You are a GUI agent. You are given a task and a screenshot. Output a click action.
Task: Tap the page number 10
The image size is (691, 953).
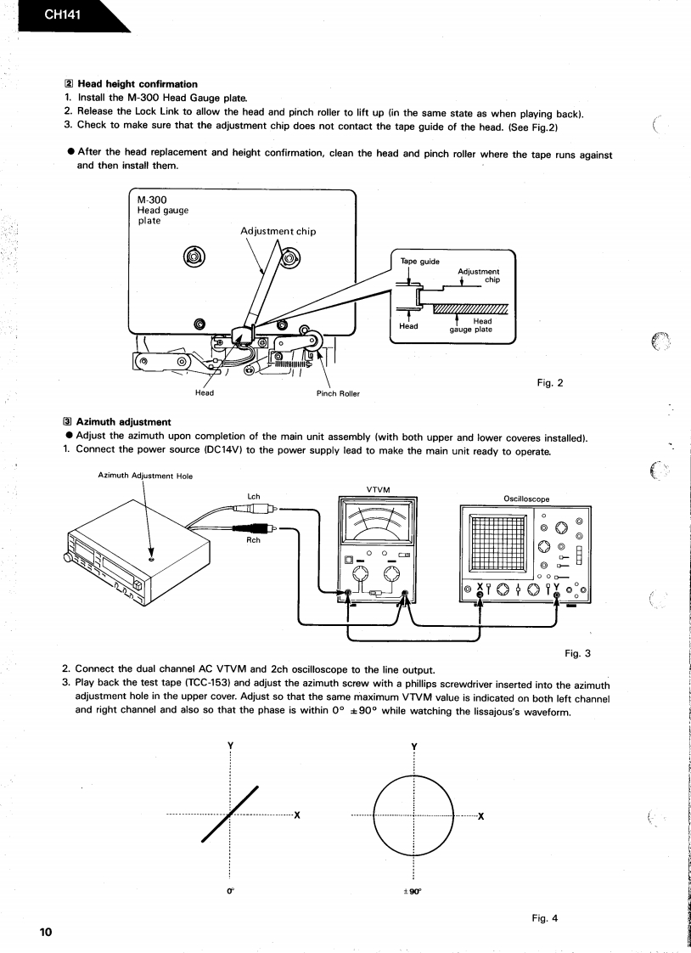pyautogui.click(x=45, y=932)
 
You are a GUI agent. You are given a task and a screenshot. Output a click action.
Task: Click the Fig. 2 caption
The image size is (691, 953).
pyautogui.click(x=550, y=383)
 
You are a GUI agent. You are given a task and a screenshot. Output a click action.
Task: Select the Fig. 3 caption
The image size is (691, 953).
pyautogui.click(x=576, y=653)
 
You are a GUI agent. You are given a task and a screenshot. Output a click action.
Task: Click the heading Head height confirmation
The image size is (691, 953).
pyautogui.click(x=137, y=84)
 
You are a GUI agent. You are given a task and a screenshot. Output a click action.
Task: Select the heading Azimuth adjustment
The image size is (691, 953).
pyautogui.click(x=123, y=421)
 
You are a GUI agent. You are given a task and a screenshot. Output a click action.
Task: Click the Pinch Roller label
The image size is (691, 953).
pyautogui.click(x=338, y=393)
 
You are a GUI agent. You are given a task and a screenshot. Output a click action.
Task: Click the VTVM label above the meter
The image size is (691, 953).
pyautogui.click(x=378, y=489)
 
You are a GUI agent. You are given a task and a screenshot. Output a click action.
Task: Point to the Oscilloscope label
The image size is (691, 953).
pyautogui.click(x=526, y=499)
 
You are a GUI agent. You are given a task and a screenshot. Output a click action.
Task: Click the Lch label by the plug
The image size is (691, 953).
pyautogui.click(x=253, y=496)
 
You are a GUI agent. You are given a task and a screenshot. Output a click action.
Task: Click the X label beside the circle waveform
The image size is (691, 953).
pyautogui.click(x=481, y=817)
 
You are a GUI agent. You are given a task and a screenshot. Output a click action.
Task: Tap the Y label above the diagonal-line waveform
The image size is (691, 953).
pyautogui.click(x=230, y=746)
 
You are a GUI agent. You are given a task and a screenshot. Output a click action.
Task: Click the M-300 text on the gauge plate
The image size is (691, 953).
pyautogui.click(x=153, y=200)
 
